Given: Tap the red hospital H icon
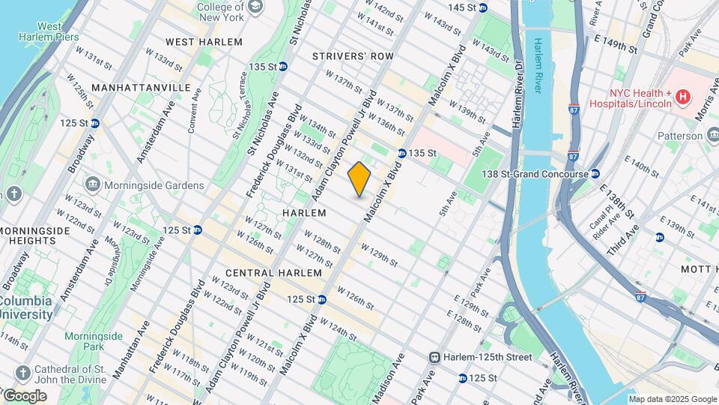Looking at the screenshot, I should [x=682, y=97].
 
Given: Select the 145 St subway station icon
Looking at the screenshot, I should [x=483, y=7].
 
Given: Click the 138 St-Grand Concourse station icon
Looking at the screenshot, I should [x=595, y=174].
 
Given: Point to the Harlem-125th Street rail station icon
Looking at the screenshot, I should [x=434, y=358].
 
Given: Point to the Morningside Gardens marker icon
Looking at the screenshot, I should [x=93, y=184].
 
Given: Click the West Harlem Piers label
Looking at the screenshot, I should [x=49, y=31].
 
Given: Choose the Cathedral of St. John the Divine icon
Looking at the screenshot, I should [x=23, y=373].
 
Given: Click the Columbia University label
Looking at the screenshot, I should [x=25, y=307].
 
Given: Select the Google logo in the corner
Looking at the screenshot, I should [x=24, y=395].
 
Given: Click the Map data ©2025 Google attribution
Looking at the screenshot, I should [x=673, y=399].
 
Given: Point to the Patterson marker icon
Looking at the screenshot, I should [x=712, y=135].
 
